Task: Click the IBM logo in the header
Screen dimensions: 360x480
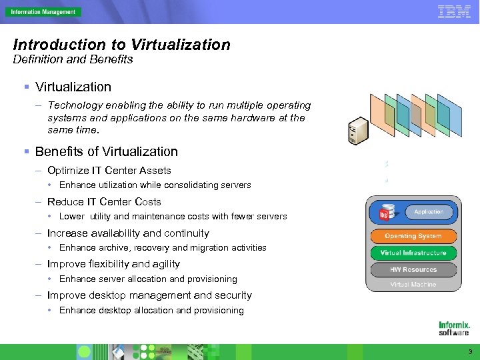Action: [x=454, y=11]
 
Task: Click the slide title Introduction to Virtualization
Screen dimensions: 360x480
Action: [x=122, y=45]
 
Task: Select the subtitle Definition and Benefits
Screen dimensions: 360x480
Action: [x=73, y=59]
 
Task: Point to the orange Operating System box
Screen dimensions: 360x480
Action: [x=413, y=236]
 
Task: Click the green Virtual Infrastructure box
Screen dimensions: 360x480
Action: [x=413, y=253]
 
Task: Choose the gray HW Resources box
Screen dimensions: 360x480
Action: [x=413, y=269]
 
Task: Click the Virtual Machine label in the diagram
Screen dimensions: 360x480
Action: [x=413, y=285]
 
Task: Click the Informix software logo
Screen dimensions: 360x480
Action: [x=454, y=328]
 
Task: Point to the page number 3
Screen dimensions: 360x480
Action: [x=470, y=351]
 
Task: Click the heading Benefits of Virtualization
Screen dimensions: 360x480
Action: [x=107, y=151]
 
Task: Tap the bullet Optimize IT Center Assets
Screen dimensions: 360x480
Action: [x=109, y=171]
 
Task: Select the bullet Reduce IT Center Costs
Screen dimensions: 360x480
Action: [x=104, y=201]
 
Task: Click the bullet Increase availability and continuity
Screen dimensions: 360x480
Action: [x=128, y=233]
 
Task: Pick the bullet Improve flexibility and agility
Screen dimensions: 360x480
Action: [x=113, y=264]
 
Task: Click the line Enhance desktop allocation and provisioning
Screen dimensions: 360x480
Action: [x=151, y=310]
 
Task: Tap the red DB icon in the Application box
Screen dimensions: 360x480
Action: [x=384, y=213]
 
